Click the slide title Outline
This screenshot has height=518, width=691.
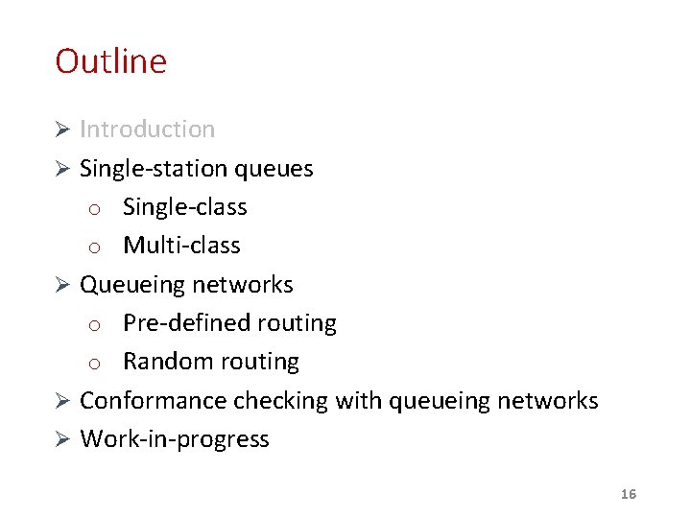coord(110,61)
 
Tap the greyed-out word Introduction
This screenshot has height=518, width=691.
coord(147,129)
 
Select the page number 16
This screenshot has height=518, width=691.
coord(629,494)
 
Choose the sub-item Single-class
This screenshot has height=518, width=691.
coord(184,207)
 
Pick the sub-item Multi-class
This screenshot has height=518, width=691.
coord(181,246)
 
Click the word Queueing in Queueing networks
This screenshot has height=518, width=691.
coord(132,285)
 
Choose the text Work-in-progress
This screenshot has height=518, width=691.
coord(174,439)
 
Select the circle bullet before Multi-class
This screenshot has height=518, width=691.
coord(95,247)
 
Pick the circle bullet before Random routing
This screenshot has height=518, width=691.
coord(95,364)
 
